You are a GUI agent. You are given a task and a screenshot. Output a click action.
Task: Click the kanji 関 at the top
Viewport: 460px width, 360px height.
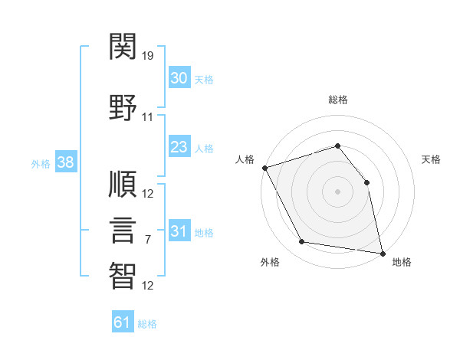(123, 46)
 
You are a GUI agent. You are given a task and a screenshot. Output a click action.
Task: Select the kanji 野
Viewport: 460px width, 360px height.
(123, 107)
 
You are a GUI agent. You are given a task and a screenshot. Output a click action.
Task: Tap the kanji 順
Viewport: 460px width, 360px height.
(123, 184)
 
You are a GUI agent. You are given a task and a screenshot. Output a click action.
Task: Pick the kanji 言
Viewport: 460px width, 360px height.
(123, 230)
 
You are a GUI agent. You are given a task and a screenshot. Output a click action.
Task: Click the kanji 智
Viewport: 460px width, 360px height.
(123, 276)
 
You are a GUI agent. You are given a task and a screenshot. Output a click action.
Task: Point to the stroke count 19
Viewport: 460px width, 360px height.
(147, 56)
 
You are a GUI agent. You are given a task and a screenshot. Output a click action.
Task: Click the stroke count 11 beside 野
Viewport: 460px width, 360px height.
(147, 117)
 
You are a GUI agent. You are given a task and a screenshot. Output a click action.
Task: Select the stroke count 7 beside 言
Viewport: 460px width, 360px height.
(148, 240)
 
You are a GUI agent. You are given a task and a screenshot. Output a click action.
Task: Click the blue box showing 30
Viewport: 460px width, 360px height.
(179, 77)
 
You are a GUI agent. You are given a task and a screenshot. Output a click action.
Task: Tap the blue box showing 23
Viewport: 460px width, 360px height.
(179, 146)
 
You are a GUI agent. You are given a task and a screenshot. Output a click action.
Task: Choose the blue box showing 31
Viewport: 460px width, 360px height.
(179, 230)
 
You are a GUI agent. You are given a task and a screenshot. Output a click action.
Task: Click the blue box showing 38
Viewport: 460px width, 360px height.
(66, 162)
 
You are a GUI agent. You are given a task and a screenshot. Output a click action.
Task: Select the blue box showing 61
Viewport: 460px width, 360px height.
(123, 321)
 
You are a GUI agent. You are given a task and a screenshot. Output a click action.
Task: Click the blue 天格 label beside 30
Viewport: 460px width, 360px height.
(204, 80)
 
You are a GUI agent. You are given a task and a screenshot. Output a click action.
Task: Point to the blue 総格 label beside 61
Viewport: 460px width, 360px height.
(147, 324)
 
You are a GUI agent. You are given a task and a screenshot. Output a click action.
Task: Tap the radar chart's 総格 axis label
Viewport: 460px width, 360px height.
(338, 100)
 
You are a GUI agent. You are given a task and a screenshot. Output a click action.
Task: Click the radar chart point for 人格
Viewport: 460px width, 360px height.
(265, 168)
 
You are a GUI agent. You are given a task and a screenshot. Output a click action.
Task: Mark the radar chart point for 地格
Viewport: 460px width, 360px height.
(383, 254)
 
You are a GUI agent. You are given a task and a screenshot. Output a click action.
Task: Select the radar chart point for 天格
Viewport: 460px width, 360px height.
(366, 182)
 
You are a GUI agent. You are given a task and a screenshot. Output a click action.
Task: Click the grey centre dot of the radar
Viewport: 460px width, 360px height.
(337, 191)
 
